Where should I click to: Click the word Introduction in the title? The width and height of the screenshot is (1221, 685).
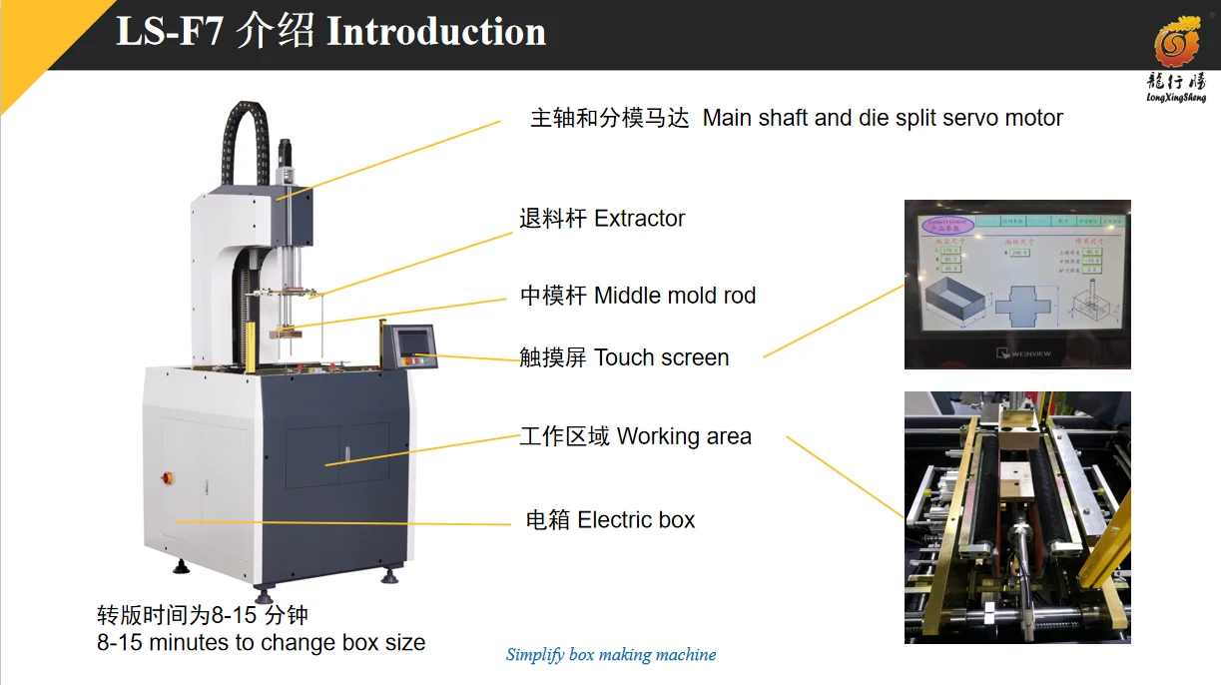(x=436, y=32)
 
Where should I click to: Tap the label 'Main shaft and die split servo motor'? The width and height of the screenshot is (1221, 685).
(x=883, y=118)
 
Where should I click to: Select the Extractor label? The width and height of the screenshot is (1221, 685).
(x=639, y=219)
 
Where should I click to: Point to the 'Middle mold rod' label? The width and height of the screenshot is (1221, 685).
(x=675, y=296)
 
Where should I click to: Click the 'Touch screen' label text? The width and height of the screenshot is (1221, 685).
(x=661, y=357)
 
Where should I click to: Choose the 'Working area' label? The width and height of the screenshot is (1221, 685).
(x=684, y=436)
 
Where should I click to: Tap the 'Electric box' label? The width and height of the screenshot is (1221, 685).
(x=636, y=520)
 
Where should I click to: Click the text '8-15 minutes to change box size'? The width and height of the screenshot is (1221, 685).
(x=261, y=643)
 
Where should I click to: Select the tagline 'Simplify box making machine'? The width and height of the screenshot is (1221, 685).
(x=611, y=655)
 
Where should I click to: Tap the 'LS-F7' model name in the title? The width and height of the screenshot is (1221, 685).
(x=170, y=32)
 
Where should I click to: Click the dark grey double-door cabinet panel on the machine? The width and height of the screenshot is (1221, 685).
(x=337, y=455)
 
